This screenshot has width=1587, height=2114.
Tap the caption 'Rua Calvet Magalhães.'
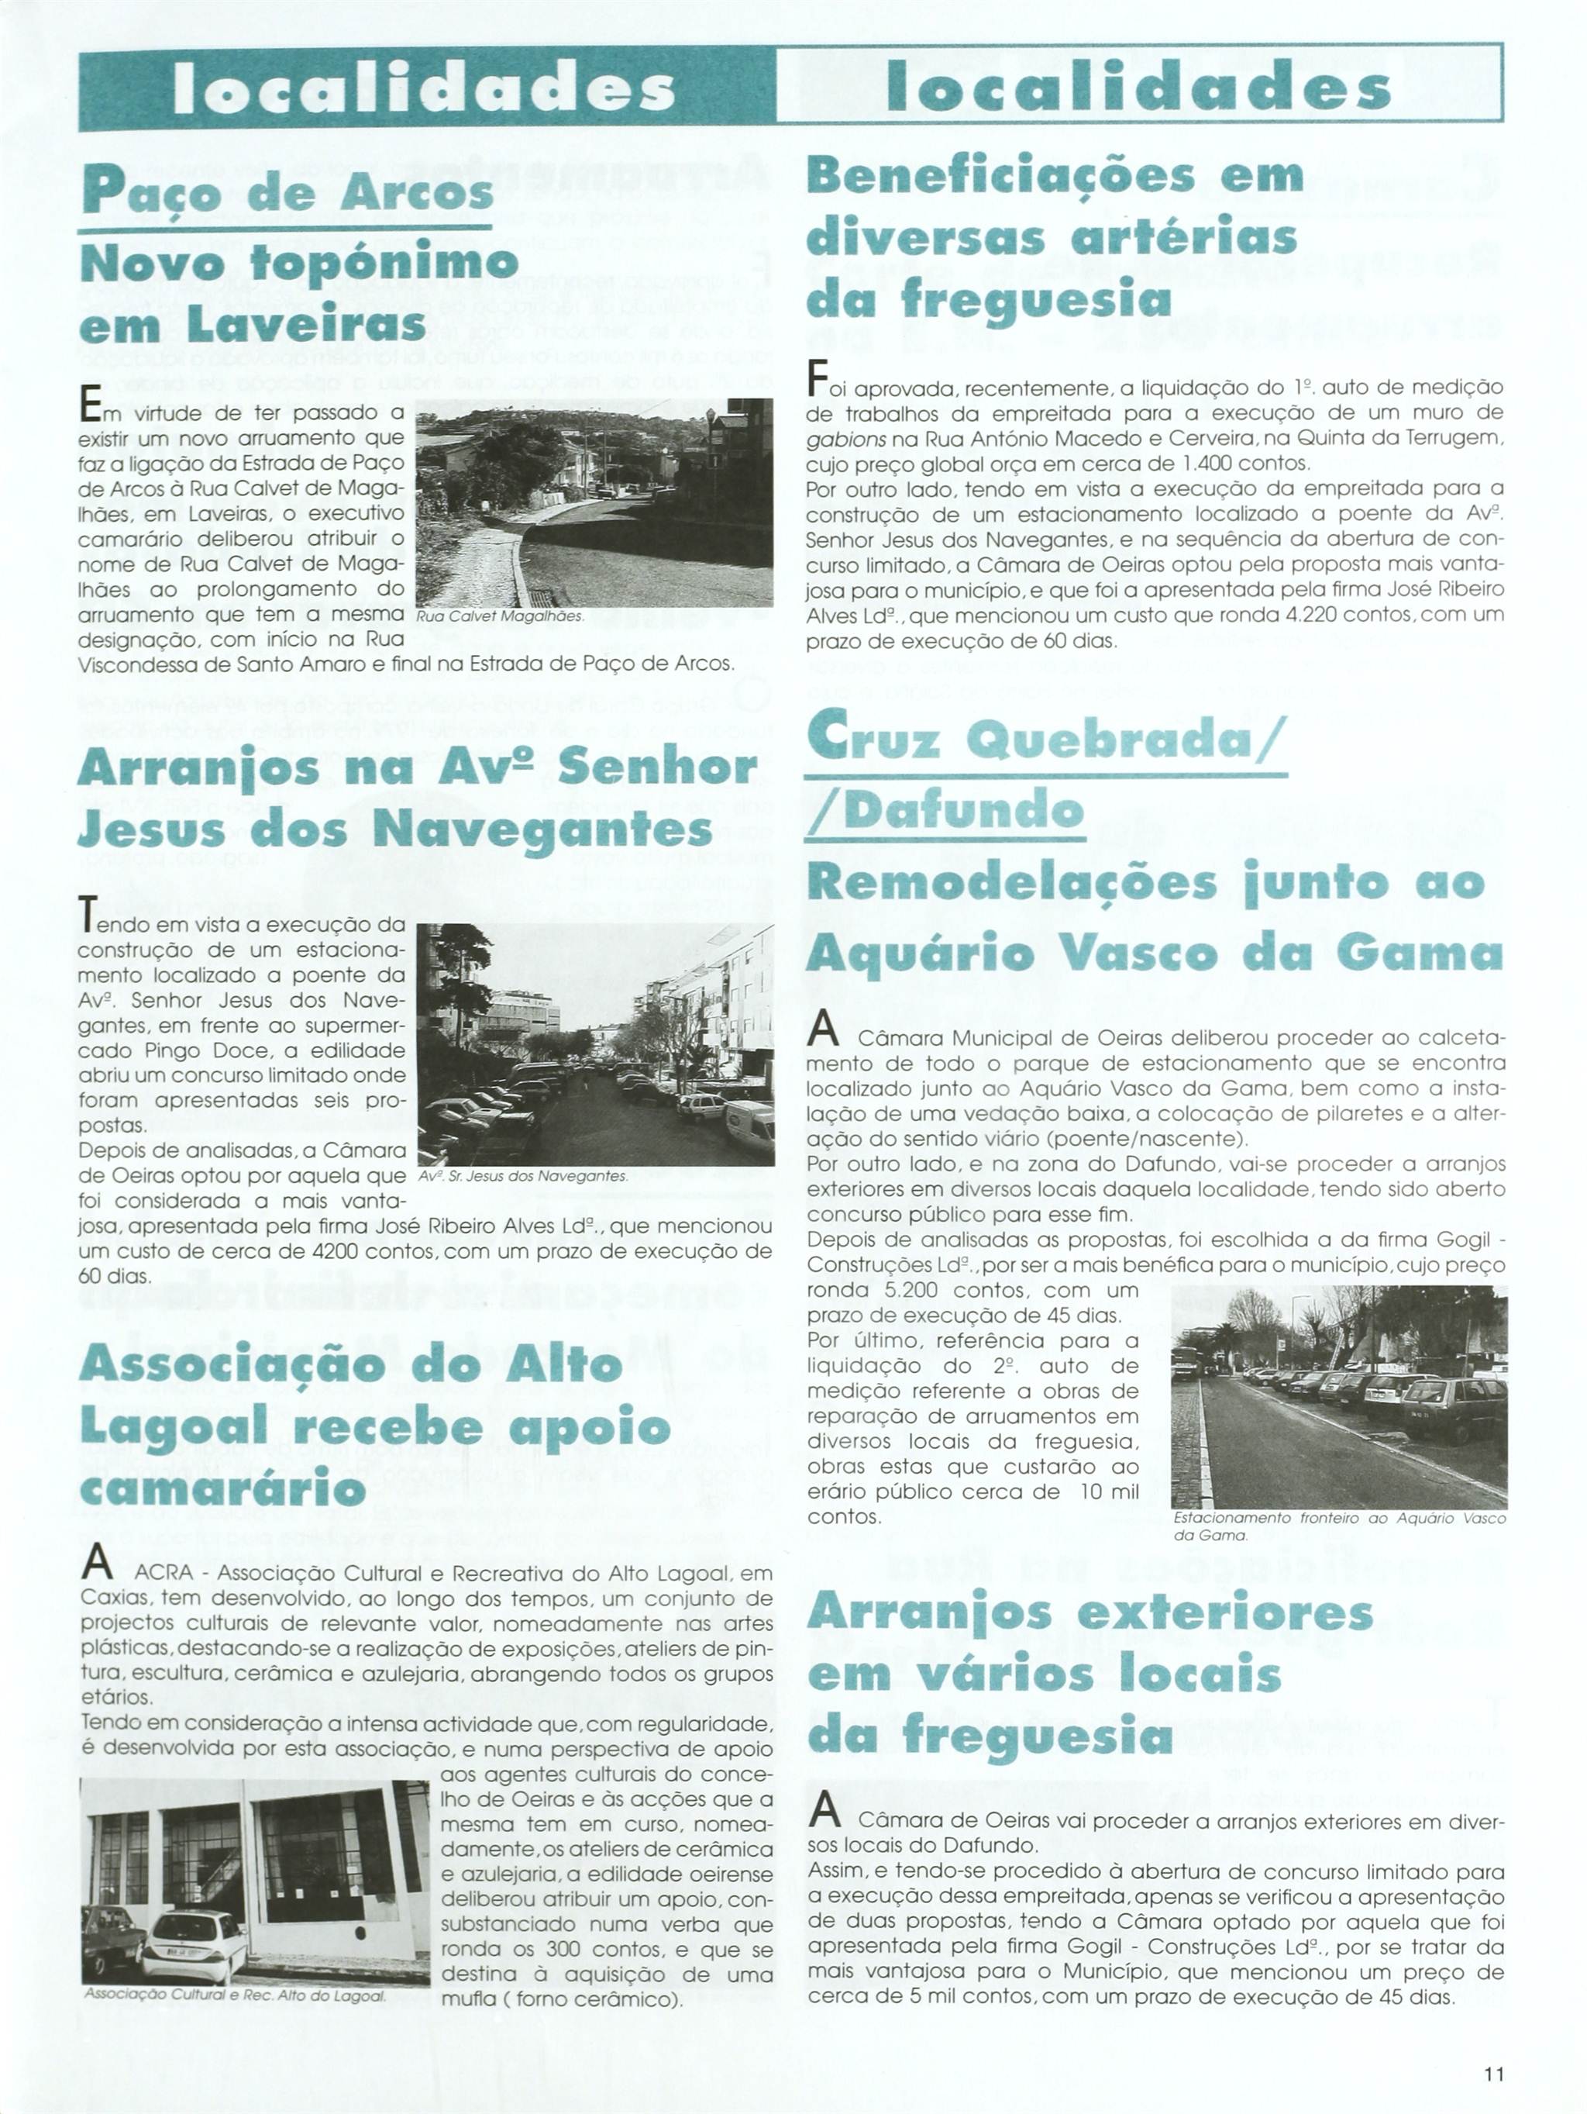(x=500, y=616)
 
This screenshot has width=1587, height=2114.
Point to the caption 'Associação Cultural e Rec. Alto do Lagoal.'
(x=235, y=1995)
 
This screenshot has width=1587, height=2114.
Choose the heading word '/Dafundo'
(x=945, y=812)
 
